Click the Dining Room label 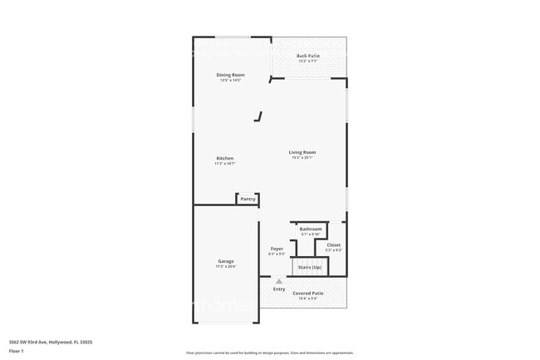tap(229, 75)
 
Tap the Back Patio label tap(308, 56)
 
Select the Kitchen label tap(225, 158)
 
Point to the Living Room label tap(302, 152)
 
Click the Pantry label tap(248, 199)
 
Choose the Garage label tap(226, 261)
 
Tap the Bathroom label tap(311, 229)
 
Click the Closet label tap(333, 244)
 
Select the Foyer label tap(277, 248)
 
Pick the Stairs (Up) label tap(311, 267)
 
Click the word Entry tap(279, 289)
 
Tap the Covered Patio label tap(308, 293)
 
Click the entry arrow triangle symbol tap(279, 282)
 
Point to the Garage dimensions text tap(226, 267)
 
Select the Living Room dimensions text tap(302, 158)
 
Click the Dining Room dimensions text tap(229, 81)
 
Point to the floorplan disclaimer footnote tap(269, 353)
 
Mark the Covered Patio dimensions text tap(308, 298)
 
